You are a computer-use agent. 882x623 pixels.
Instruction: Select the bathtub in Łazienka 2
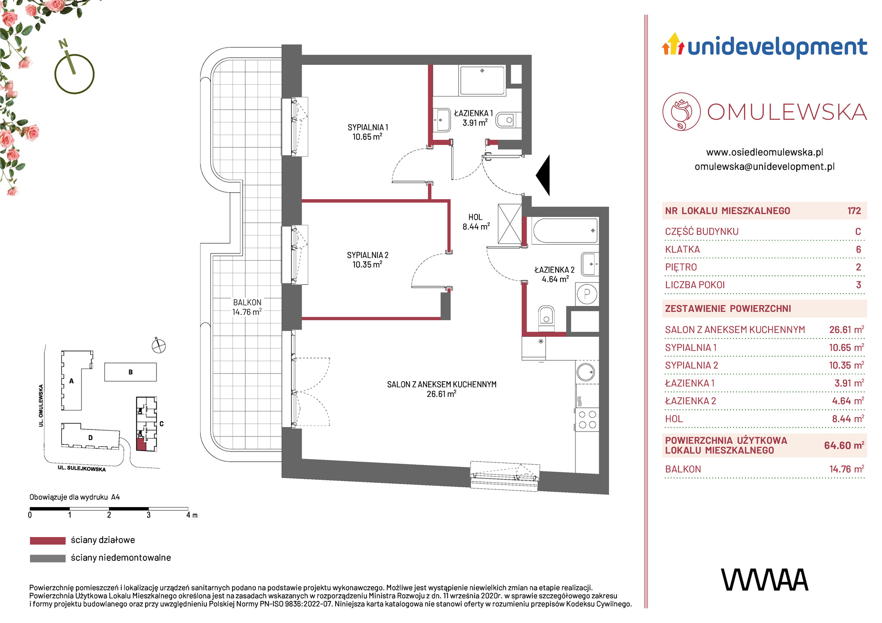[x=565, y=231]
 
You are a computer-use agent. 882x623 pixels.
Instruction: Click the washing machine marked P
[x=587, y=294]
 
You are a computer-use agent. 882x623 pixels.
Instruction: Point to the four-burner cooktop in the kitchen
[x=587, y=419]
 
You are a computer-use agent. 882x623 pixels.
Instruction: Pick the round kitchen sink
[x=587, y=372]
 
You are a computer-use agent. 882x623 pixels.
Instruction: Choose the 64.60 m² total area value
[x=844, y=445]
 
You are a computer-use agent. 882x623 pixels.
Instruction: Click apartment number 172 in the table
[x=854, y=211]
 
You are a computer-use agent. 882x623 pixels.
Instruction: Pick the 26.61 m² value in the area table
[x=846, y=329]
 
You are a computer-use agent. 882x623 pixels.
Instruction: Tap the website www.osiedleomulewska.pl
[x=765, y=152]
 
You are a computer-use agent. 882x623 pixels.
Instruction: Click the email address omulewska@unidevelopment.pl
[x=765, y=166]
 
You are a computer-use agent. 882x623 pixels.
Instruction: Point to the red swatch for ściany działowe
[x=48, y=541]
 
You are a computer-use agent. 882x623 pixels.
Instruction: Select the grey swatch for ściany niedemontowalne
[x=48, y=558]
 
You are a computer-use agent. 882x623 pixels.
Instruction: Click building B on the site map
[x=131, y=372]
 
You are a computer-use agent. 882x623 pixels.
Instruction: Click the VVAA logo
[x=765, y=580]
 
